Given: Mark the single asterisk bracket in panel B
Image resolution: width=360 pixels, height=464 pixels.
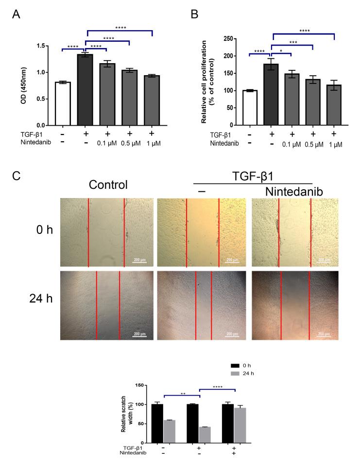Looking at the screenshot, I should coord(280,51).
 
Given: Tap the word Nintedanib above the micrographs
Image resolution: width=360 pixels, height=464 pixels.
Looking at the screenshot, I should coord(294,192).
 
